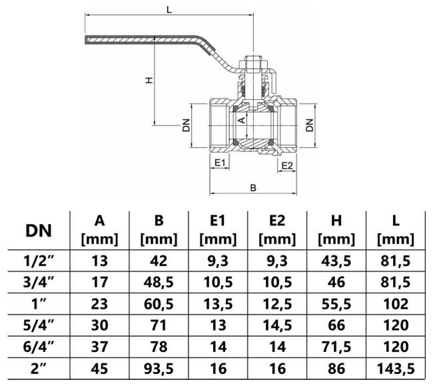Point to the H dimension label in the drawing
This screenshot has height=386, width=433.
point(149,79)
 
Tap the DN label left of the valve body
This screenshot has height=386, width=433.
point(187,125)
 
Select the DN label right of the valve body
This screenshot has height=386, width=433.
point(308,125)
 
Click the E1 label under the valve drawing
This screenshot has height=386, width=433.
point(220,162)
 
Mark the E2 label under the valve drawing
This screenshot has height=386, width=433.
point(288,165)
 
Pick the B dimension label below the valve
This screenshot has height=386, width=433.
point(253,188)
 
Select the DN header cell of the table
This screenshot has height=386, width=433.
point(40,231)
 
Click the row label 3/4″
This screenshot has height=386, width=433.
point(40,283)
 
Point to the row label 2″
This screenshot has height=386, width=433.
point(40,367)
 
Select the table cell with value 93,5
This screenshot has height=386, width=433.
point(158,367)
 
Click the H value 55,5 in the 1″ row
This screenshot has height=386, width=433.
point(336,304)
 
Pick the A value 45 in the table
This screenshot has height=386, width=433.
point(99,367)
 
